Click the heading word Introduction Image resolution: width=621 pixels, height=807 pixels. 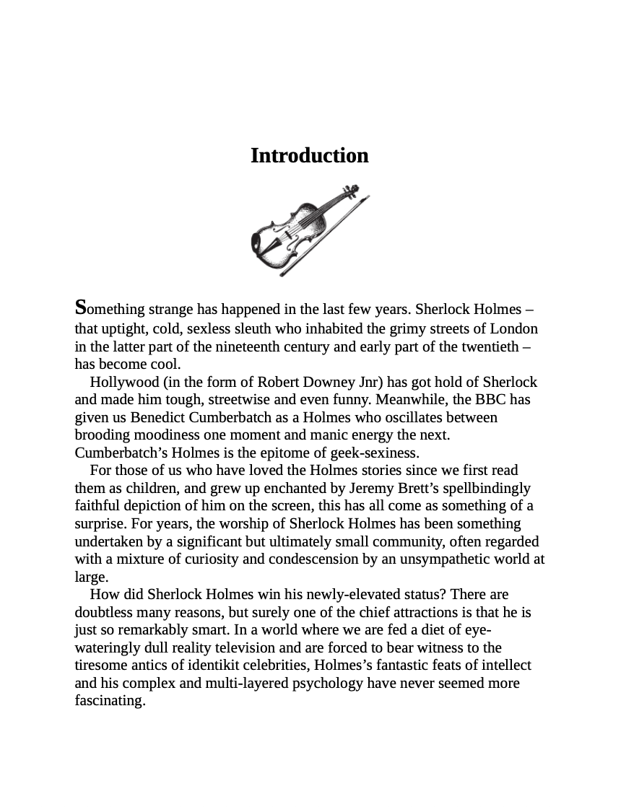(309, 156)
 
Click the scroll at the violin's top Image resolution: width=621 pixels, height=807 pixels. (352, 191)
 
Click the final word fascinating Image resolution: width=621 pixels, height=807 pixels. (110, 700)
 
